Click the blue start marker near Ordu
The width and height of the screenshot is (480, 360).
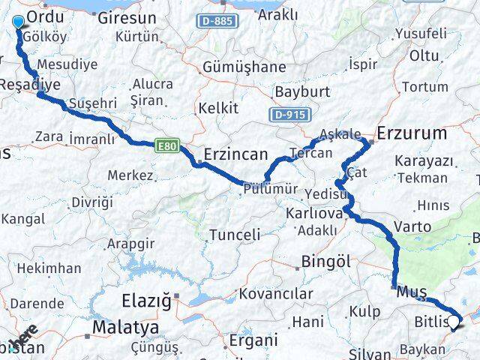[18, 21]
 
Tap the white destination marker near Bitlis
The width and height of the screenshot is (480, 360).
[454, 323]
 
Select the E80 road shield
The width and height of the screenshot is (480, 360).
[167, 146]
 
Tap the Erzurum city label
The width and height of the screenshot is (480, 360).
[412, 133]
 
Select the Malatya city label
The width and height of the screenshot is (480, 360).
[125, 328]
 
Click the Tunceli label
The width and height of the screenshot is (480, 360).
[235, 235]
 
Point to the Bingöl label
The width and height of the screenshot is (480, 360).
[326, 261]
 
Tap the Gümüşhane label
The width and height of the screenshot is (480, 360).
[244, 67]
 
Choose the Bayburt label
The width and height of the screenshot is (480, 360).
[302, 91]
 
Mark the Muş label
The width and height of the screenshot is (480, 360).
[412, 290]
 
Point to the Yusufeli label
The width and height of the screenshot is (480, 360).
[421, 34]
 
